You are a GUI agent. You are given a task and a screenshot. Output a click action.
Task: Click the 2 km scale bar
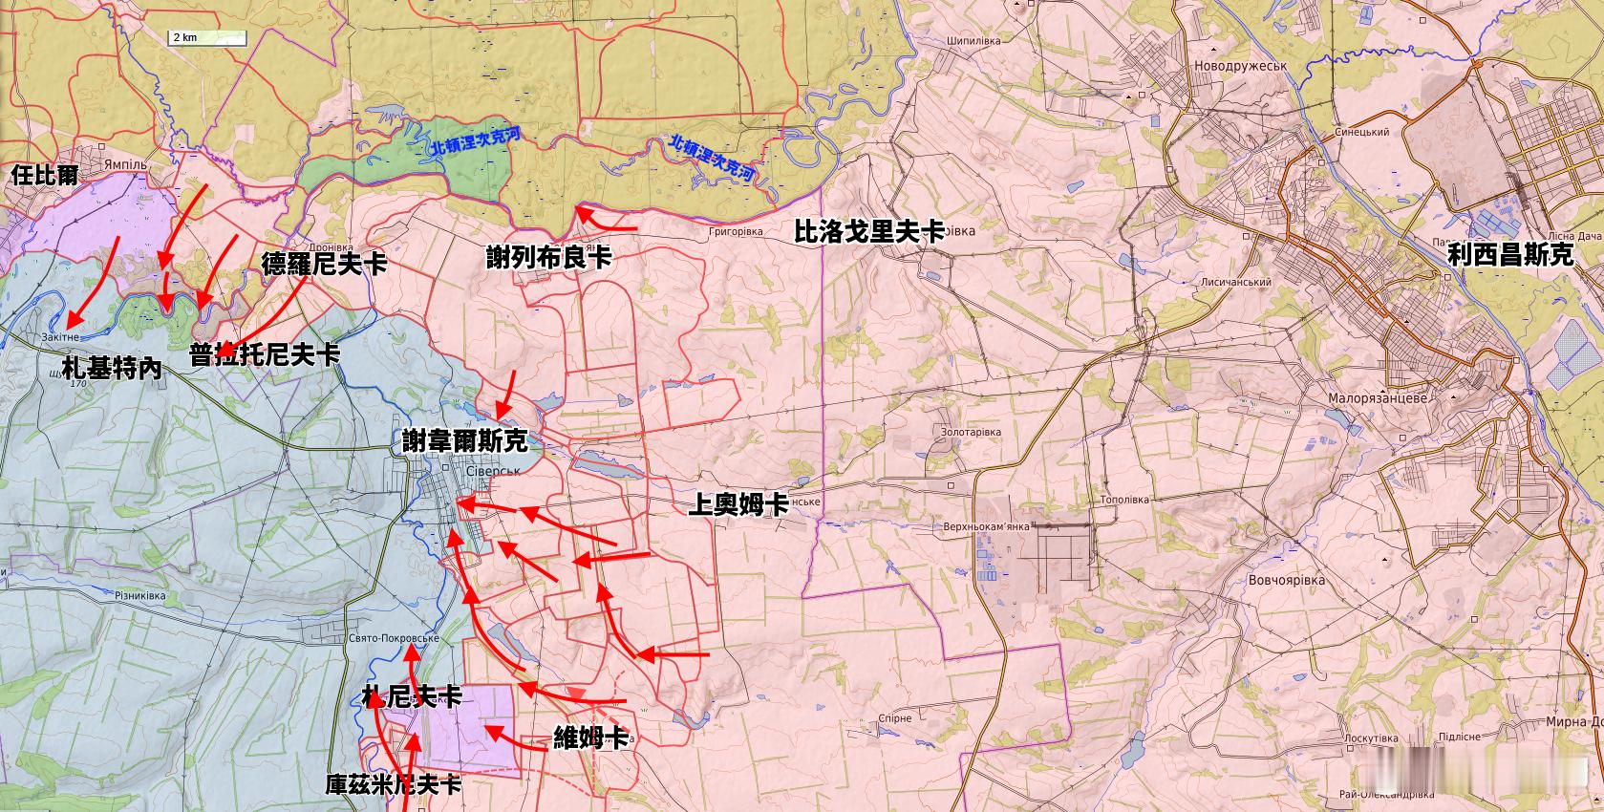click(207, 38)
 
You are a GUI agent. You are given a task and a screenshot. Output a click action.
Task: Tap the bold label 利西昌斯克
click(1509, 254)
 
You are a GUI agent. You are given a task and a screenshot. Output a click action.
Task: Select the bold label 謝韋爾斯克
click(464, 440)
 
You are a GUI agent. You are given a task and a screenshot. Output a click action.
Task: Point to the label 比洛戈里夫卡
click(869, 231)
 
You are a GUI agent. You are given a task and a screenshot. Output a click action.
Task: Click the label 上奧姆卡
click(738, 504)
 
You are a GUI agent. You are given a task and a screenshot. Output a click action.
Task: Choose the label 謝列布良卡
click(548, 258)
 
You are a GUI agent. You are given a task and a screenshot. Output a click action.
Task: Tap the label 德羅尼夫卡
click(324, 264)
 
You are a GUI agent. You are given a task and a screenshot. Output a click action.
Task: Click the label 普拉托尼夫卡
click(265, 354)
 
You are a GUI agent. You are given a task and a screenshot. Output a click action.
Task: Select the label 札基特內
click(112, 369)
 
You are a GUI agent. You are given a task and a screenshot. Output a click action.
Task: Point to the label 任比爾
click(44, 175)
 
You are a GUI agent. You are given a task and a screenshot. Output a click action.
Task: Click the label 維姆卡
click(591, 737)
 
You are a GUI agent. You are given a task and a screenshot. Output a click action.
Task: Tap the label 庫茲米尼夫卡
click(393, 785)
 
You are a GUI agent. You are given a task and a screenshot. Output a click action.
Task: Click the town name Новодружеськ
click(1241, 66)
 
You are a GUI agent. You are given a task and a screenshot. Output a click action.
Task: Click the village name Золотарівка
click(971, 433)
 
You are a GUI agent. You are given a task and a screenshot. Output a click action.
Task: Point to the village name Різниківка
click(140, 596)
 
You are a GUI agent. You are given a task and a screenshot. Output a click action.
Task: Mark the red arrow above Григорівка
click(606, 222)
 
